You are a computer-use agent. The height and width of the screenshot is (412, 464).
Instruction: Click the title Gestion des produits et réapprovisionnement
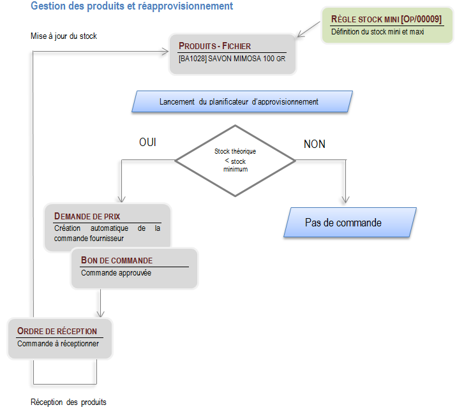[x=131, y=6]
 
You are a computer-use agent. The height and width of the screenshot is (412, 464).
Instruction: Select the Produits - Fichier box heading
[x=214, y=46]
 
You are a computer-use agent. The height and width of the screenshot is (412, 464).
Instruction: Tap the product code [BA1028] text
[x=192, y=59]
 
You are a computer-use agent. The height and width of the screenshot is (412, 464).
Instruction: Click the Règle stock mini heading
[x=386, y=19]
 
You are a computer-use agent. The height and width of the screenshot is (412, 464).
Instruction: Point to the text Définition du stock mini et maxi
[x=378, y=32]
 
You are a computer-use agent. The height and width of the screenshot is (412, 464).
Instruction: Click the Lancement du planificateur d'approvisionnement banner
[x=242, y=101]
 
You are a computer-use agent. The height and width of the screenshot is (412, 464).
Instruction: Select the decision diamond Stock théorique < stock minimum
[x=236, y=161]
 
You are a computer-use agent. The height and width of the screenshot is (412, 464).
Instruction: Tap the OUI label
[x=147, y=142]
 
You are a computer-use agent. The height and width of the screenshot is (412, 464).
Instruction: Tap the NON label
[x=315, y=144]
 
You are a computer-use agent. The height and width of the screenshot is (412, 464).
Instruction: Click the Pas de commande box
[x=350, y=223]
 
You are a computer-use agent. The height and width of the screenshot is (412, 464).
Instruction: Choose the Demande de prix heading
[x=87, y=216]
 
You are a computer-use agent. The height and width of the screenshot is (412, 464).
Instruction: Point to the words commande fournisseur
[x=89, y=239]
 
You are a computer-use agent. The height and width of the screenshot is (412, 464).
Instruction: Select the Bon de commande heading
[x=117, y=260]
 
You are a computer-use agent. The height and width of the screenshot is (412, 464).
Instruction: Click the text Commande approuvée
[x=116, y=273]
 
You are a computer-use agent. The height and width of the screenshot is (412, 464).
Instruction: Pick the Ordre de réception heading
[x=57, y=331]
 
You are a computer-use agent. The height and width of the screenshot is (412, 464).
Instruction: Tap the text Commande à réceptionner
[x=58, y=344]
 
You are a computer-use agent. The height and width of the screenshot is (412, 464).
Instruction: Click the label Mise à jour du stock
[x=64, y=36]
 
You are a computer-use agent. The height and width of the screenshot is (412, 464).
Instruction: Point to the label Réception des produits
[x=68, y=402]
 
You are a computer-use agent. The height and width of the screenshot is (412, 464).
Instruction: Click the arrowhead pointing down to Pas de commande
[x=345, y=200]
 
